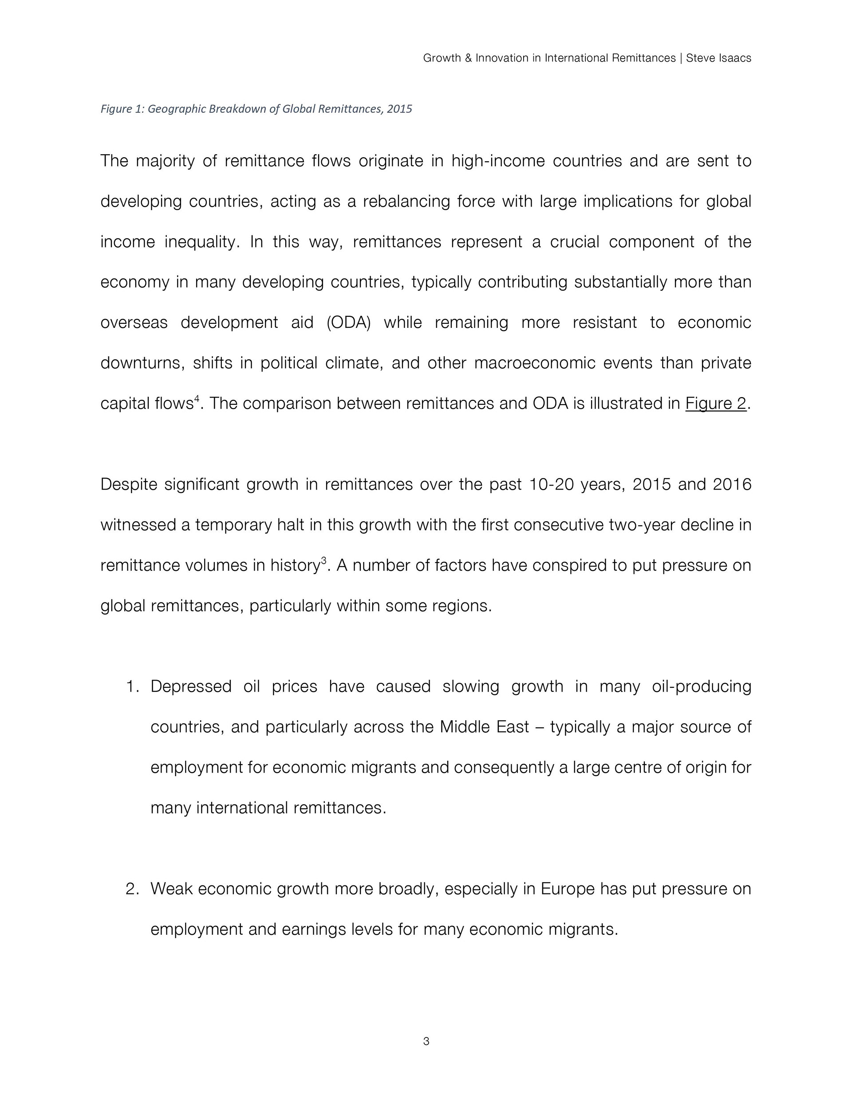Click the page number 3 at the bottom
tap(426, 1041)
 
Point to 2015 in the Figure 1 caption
tap(399, 109)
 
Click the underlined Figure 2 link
tap(715, 403)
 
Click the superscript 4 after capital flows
tap(197, 399)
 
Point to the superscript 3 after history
tap(324, 561)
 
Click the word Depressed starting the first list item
tap(191, 686)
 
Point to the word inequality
tap(201, 242)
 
